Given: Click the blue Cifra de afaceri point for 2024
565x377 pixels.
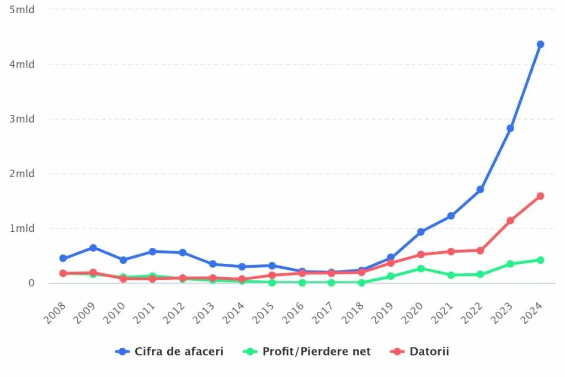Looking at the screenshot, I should [540, 44].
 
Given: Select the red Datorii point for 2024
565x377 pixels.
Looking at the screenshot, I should [540, 196].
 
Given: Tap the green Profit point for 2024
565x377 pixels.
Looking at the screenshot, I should [540, 260].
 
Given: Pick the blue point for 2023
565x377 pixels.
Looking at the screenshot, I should [510, 128].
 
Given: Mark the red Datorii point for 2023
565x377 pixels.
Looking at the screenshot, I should [510, 220].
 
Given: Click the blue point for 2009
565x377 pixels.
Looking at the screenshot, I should [93, 248].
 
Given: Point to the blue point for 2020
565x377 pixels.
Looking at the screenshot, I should [421, 232].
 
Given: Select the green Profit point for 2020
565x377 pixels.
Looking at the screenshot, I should [421, 268].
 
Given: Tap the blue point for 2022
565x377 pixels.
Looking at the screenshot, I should [481, 189].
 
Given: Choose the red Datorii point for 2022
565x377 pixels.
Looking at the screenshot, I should [481, 251].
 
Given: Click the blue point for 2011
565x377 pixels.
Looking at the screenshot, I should [153, 251].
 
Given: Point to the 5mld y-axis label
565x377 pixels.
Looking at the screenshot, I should [22, 10].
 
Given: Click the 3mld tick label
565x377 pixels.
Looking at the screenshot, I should [22, 119].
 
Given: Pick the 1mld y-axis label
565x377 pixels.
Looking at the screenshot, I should [22, 229].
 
